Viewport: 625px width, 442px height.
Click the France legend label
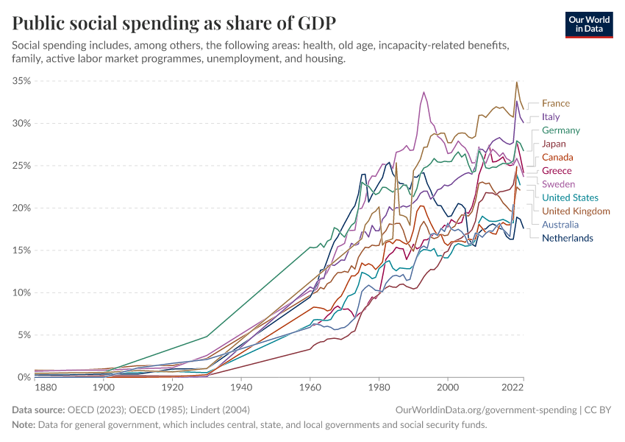pos(556,104)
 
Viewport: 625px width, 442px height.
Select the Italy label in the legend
pos(551,117)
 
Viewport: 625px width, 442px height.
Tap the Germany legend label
pos(561,130)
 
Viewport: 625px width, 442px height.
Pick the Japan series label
pos(554,144)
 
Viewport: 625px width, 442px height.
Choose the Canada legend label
pos(557,158)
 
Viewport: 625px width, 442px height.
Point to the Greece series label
pos(557,171)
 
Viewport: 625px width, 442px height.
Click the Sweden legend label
pos(559,184)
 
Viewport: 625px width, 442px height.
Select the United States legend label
pos(570,197)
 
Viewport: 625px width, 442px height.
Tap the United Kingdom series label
pos(576,211)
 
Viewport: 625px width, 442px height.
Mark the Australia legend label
pos(560,225)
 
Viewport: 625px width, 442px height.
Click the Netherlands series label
pos(568,238)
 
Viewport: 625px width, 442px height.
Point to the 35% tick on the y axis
pos(21,81)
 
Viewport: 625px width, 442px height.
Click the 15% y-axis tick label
pos(21,250)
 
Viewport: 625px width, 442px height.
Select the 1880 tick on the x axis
pos(45,387)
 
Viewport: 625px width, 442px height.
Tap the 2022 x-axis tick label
pos(512,387)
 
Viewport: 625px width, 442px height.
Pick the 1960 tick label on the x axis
pos(310,387)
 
